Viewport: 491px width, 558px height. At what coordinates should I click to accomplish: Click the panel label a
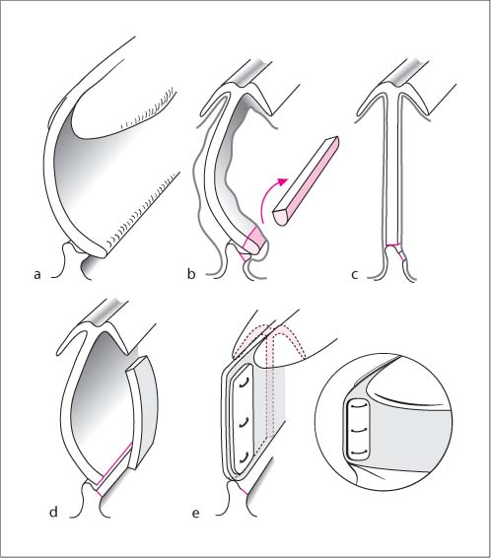[37, 275]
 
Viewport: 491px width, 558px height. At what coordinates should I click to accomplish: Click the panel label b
[191, 274]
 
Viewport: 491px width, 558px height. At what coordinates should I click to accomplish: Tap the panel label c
[354, 275]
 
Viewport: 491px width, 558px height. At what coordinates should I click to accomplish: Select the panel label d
[53, 512]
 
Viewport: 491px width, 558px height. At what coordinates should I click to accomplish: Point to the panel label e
[195, 514]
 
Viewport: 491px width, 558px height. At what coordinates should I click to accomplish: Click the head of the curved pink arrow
[282, 181]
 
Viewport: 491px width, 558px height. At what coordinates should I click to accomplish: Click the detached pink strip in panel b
[306, 180]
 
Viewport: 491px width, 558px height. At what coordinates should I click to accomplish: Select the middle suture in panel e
[244, 423]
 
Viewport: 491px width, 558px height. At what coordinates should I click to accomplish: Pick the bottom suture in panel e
[244, 459]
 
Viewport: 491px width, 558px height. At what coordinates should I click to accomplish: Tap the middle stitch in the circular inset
[358, 431]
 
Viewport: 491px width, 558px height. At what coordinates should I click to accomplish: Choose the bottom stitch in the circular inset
[358, 453]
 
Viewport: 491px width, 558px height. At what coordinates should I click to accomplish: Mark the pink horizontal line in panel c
[394, 244]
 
